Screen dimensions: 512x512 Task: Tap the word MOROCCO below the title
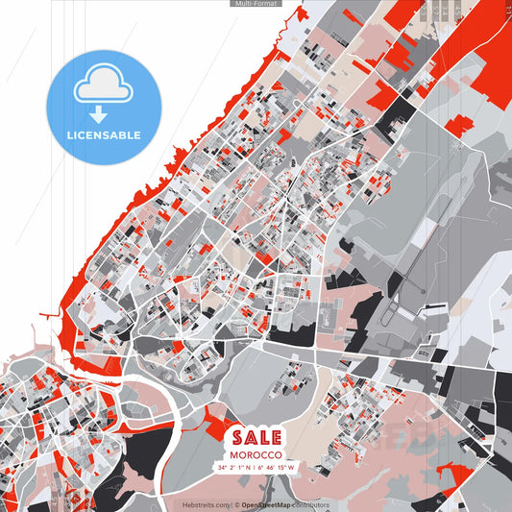tap(256, 453)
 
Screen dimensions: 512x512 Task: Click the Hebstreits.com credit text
tap(206, 504)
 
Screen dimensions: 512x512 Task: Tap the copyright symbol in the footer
tap(236, 504)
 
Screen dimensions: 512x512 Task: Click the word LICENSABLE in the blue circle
tap(104, 135)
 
